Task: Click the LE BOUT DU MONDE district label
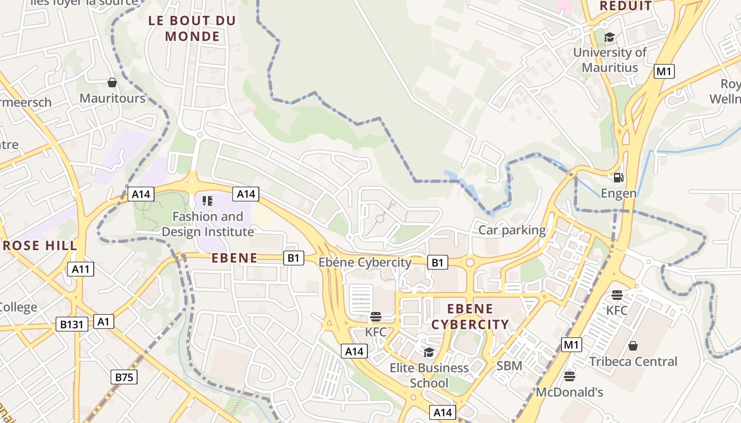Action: click(192, 29)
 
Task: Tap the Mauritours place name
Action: click(112, 98)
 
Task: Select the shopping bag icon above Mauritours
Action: click(112, 83)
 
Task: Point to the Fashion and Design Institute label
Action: click(207, 224)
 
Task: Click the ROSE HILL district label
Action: click(39, 246)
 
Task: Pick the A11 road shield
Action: click(81, 269)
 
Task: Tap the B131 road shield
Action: click(71, 324)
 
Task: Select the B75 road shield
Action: click(124, 377)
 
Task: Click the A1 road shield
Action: click(104, 321)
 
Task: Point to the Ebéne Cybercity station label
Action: click(365, 262)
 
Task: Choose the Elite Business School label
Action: click(429, 375)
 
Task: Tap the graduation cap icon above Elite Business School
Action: click(429, 352)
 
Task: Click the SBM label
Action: click(509, 365)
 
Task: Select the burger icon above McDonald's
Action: click(570, 376)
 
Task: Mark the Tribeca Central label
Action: click(633, 362)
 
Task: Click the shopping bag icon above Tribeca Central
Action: click(633, 346)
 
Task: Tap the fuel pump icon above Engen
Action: click(618, 178)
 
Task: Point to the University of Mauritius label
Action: click(610, 60)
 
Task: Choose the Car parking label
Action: click(512, 230)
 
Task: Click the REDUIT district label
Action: click(626, 6)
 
